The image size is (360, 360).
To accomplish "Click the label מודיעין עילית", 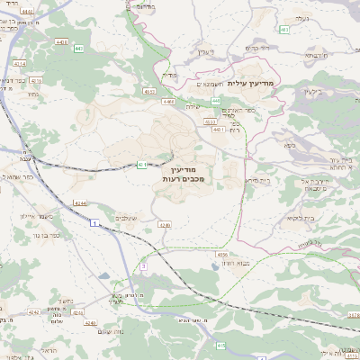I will (262, 83).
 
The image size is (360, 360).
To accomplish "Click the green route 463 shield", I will (283, 30).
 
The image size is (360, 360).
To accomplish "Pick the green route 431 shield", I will (142, 164).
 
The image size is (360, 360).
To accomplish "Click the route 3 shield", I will (143, 266).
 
